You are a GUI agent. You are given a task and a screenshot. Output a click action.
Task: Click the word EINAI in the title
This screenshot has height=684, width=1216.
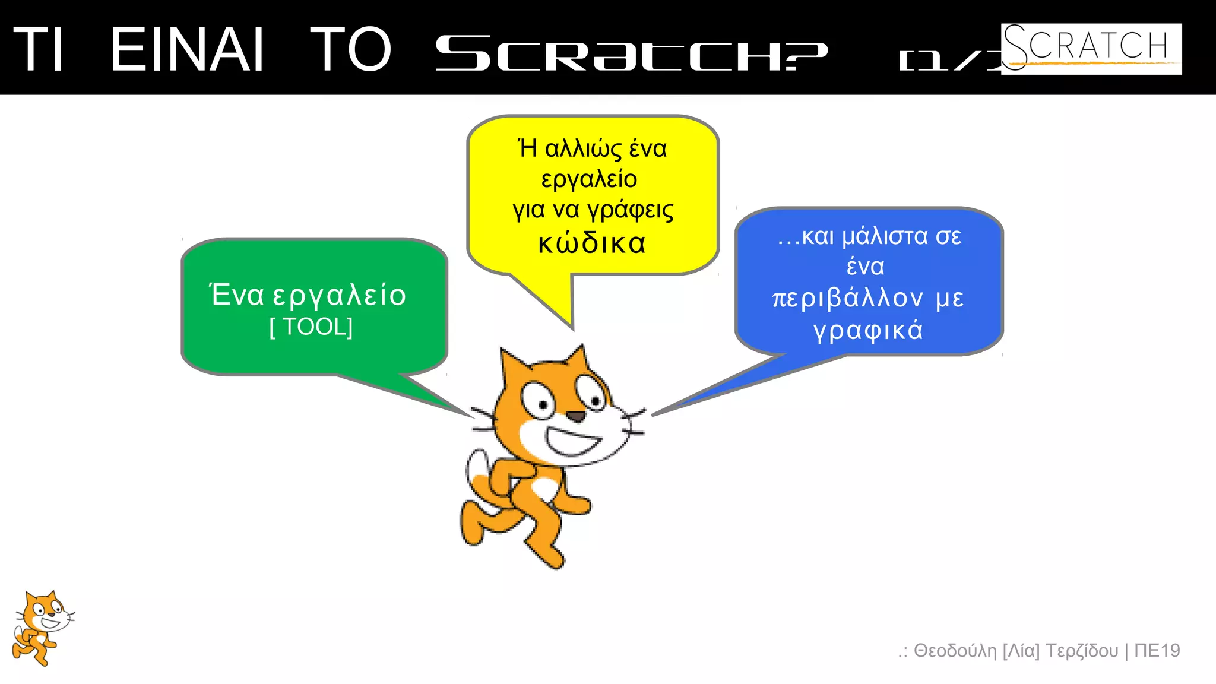(187, 50)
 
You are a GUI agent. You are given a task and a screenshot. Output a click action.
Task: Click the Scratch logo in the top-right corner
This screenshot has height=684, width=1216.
(1091, 49)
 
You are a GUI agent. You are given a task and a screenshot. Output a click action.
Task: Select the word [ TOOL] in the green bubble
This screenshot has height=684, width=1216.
(311, 327)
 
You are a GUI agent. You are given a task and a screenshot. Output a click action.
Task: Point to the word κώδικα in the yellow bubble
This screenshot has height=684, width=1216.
(592, 243)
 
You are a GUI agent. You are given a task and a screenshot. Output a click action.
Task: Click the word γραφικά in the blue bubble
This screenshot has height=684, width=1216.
(868, 330)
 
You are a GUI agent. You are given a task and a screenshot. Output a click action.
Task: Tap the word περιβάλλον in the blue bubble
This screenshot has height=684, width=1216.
(848, 297)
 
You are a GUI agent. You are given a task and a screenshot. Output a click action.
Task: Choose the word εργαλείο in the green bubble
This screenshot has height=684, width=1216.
(340, 295)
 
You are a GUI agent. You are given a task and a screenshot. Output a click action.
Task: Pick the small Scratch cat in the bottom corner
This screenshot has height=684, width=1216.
(42, 628)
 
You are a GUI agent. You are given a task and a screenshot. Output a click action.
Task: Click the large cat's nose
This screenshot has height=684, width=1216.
(575, 417)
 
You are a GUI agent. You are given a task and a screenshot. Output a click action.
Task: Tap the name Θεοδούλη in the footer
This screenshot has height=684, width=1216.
(955, 651)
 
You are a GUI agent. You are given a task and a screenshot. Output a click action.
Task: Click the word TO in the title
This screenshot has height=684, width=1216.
(350, 50)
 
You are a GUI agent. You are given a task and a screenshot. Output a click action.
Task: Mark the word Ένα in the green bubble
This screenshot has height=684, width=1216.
(237, 294)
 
